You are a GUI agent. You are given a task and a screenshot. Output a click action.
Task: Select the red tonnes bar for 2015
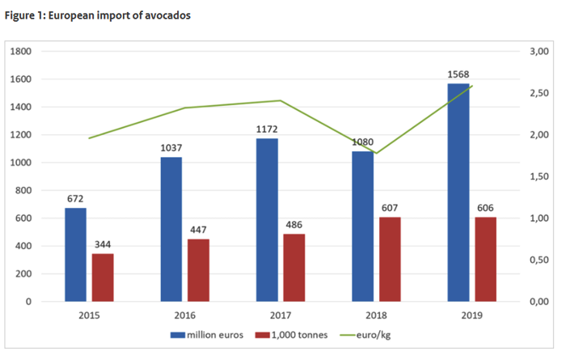(103, 277)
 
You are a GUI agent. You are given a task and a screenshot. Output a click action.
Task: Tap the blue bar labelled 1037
(171, 229)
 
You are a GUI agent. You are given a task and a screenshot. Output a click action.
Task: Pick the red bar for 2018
(389, 259)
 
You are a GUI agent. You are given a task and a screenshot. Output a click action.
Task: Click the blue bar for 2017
(267, 220)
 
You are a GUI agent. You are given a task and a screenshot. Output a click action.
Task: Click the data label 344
(103, 245)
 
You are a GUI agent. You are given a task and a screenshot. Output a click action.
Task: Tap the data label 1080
(362, 143)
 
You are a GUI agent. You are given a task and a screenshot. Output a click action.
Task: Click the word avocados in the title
(167, 16)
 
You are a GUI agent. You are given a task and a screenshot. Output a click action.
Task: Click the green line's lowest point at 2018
(375, 154)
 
